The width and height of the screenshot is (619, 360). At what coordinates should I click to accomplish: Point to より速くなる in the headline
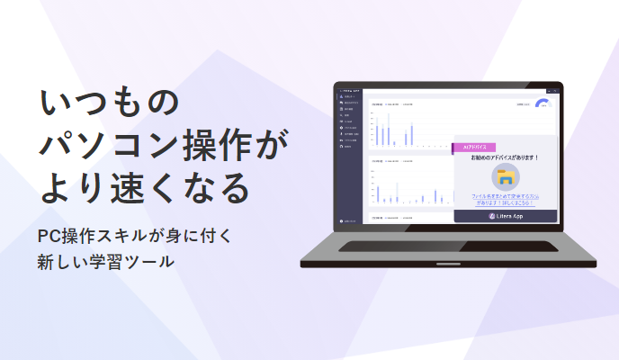pos(144,188)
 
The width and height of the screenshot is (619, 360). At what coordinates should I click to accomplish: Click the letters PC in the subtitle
pos(49,236)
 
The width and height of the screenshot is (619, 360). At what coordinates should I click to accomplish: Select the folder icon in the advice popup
pos(505,176)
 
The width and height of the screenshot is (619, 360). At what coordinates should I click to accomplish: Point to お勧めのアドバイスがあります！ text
pos(505,157)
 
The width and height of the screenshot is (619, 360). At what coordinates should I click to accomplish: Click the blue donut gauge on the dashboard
pos(543,103)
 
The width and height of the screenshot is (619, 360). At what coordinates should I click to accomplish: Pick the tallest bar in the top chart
pos(388,129)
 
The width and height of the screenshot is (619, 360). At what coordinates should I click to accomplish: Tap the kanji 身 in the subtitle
pos(166,236)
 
